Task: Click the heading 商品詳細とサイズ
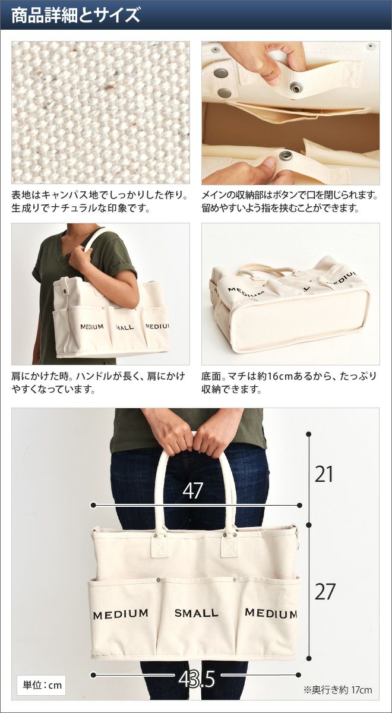(76, 15)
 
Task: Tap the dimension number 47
(192, 490)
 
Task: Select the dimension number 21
(324, 474)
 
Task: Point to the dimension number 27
(325, 592)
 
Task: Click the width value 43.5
(197, 680)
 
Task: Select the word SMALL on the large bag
(197, 613)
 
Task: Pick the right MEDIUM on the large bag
(271, 613)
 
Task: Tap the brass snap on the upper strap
(296, 87)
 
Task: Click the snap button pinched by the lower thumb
(284, 156)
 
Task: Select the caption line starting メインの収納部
(290, 195)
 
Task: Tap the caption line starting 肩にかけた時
(98, 376)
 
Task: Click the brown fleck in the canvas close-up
(109, 87)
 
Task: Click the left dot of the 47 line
(93, 505)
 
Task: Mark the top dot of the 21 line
(308, 434)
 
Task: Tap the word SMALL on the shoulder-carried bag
(125, 327)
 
